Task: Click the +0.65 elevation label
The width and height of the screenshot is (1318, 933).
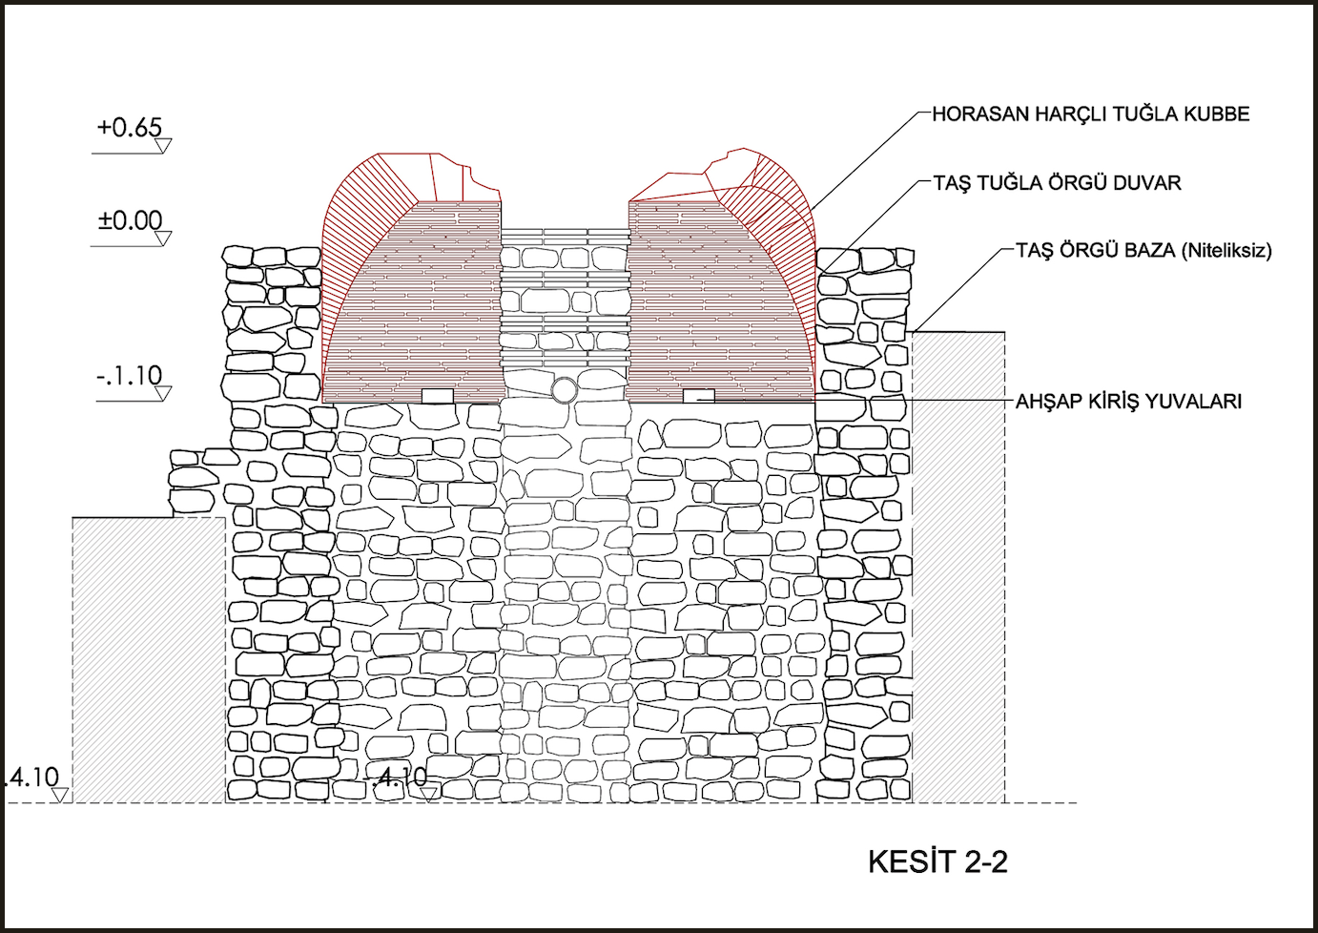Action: [x=129, y=127]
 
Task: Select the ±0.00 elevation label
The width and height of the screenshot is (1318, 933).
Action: [x=130, y=220]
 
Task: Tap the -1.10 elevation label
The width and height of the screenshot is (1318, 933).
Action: [x=129, y=376]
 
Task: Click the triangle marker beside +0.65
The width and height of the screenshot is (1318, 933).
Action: [x=163, y=145]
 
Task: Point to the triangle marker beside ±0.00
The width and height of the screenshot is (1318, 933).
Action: [x=163, y=238]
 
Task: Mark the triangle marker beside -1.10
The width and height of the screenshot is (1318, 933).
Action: [x=163, y=393]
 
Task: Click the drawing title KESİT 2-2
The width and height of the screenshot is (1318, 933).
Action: [x=937, y=861]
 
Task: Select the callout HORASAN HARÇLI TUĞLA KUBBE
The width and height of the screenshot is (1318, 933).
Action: [x=1090, y=114]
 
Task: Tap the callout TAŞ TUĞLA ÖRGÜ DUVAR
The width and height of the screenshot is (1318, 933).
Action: [x=1057, y=183]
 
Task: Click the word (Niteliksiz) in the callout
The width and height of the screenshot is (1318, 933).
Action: [x=1226, y=251]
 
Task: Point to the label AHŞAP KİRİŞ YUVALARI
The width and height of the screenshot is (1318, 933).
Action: [x=1128, y=402]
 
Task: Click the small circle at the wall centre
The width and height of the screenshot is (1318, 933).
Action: [x=564, y=390]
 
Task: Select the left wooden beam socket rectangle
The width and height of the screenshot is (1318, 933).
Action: [x=437, y=396]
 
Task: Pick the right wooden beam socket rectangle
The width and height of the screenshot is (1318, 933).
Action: [x=699, y=396]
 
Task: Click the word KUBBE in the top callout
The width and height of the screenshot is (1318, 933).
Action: [x=1216, y=114]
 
